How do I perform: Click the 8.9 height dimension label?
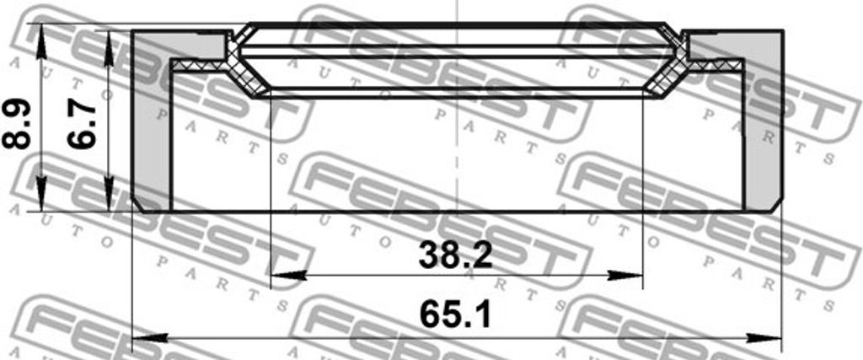tap(18, 126)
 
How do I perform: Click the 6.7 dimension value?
tap(83, 126)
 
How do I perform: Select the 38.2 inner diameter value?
tap(454, 255)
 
